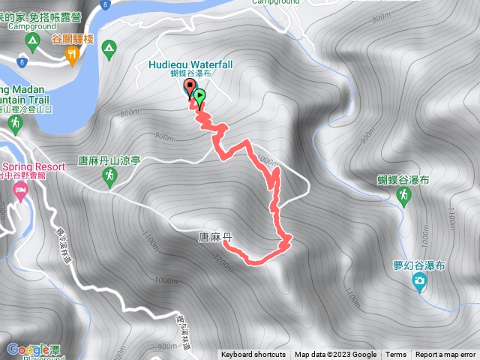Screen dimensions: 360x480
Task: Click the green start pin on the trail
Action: (200, 95)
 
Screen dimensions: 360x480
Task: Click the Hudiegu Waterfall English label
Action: (186, 64)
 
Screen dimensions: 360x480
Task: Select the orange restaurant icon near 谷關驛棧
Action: (72, 53)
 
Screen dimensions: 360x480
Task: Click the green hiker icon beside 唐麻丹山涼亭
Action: (109, 177)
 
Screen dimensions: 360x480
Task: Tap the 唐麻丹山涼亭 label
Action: (110, 160)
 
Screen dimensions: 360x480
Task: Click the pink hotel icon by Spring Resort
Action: (19, 195)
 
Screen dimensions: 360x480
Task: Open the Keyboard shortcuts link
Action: (253, 355)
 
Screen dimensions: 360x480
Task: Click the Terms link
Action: (396, 355)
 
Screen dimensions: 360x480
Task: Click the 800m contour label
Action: (129, 113)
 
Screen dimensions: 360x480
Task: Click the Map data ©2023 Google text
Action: (335, 355)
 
